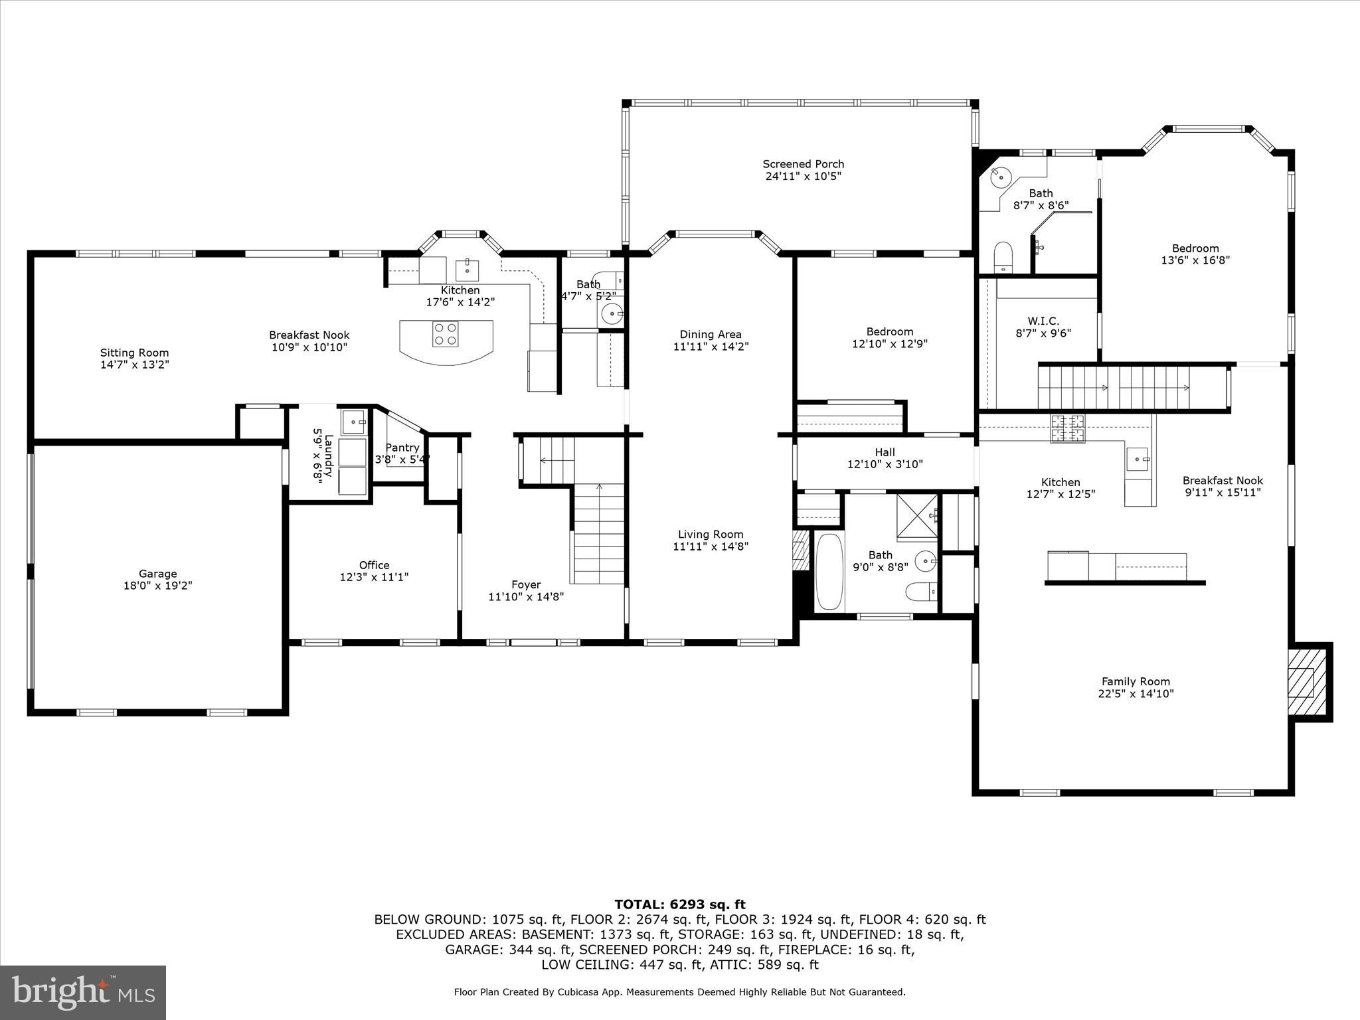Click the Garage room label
pos(157,574)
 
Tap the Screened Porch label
pos(803,164)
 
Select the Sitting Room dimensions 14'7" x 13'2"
pos(134,365)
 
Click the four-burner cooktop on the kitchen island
pos(445,334)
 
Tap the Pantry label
pos(402,448)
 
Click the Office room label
pos(374,565)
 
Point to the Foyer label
pos(525,585)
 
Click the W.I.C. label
pos(1043,321)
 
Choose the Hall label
pos(885,452)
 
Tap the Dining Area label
pos(710,335)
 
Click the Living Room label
pos(710,535)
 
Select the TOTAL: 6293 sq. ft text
pos(679,904)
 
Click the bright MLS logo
pos(83,992)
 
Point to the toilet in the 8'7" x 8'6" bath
pos(1002,256)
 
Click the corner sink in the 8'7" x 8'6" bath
pos(1000,177)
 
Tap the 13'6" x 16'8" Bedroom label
pos(1195,248)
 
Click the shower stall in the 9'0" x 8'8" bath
pos(917,516)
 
